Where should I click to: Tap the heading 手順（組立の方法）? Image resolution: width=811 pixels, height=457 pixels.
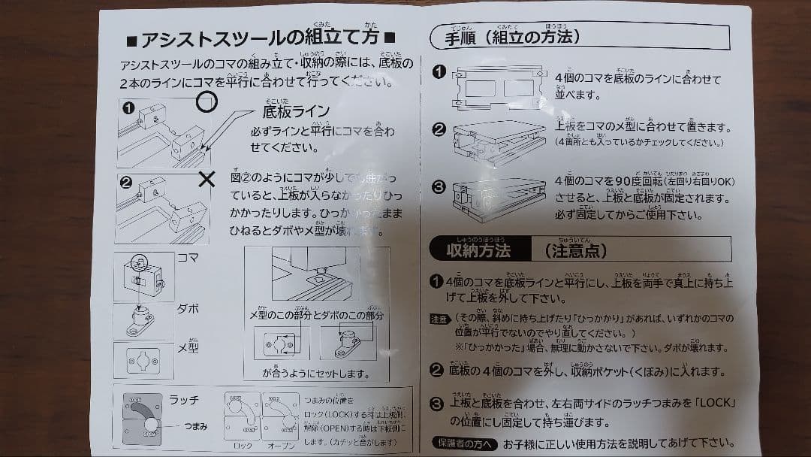pos(513,36)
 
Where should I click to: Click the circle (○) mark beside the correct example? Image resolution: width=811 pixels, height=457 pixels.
pos(207,101)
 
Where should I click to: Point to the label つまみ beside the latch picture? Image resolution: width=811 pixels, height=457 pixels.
pos(197,426)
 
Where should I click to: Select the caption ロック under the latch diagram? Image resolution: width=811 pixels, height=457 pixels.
pos(243,445)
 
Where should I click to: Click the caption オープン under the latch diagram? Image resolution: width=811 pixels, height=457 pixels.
pos(282,445)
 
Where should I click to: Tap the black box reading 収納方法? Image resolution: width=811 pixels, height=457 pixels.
pos(478,249)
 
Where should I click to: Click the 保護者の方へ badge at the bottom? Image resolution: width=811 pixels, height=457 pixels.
pos(465,443)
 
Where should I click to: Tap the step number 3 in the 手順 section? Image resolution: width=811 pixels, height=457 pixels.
pos(439,186)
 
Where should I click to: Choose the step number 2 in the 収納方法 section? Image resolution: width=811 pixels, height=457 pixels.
pos(436,370)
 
